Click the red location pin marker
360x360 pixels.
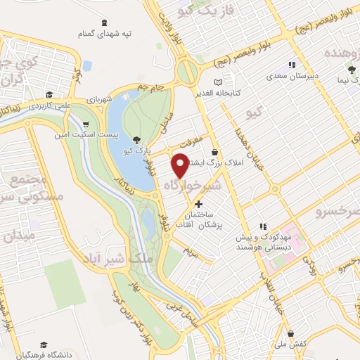click(x=180, y=165)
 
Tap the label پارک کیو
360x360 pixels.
click(x=115, y=152)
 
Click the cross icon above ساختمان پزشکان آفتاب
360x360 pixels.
click(x=198, y=204)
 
